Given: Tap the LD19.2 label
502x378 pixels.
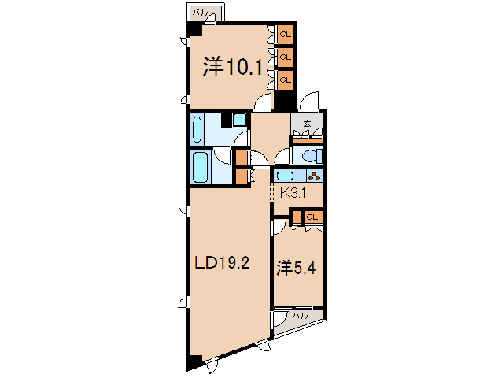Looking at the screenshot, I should point(222,264).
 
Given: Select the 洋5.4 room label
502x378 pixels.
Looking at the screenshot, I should point(297,268).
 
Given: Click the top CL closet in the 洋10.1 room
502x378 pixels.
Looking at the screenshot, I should point(284,35).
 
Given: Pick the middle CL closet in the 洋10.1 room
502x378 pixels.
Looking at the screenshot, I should point(284,57).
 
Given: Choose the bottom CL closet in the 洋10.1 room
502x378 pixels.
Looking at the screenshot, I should point(284,80).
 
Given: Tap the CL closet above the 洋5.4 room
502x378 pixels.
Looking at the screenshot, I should point(312,217).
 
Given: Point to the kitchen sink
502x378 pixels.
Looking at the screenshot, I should point(286,176).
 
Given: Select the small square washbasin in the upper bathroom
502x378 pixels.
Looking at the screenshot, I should point(238,120).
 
